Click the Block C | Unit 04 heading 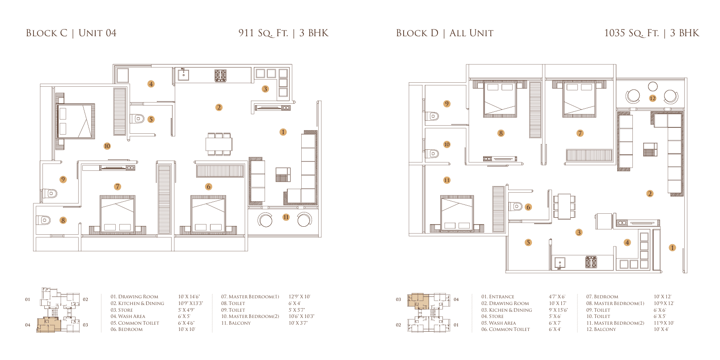(71, 33)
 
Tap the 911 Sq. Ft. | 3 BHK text (283, 33)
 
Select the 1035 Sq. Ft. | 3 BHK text (652, 33)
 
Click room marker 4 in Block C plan (151, 84)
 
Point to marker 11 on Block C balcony (286, 217)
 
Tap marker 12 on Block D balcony (653, 98)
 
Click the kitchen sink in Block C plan (183, 75)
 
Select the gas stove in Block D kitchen (591, 262)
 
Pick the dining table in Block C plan (219, 144)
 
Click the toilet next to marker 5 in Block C (138, 119)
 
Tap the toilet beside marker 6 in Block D (516, 206)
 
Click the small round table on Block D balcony (653, 86)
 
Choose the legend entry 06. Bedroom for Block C (126, 330)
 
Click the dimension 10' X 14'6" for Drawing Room (189, 296)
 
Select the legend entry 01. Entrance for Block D (497, 296)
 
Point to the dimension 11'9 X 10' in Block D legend (664, 323)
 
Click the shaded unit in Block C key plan (49, 324)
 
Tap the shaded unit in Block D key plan (418, 301)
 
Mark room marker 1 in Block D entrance (672, 247)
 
